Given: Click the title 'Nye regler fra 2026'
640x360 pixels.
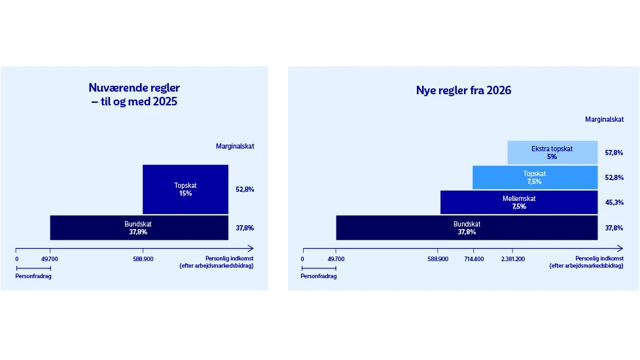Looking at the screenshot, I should coord(463,91).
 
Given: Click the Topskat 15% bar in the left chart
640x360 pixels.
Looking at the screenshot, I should coord(185,189).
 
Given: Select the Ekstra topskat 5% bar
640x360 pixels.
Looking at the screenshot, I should coord(552,153).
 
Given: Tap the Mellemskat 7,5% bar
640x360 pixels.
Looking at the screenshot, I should coord(518,202).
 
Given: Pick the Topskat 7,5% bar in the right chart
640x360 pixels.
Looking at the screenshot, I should coord(534,177).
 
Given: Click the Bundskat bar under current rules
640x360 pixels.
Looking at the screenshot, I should coord(139,228).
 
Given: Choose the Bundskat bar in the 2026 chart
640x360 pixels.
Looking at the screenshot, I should coord(466,228).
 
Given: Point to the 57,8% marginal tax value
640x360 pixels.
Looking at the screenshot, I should coord(614,153).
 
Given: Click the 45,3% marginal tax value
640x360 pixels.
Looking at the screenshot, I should coord(614,202).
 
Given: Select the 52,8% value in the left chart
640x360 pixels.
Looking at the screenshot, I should coord(245,189).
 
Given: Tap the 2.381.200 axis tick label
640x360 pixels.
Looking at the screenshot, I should coord(512,259).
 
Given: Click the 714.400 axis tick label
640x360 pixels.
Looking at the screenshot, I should coord(474,259).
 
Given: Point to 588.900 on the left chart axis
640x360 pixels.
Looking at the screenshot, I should coord(143,259).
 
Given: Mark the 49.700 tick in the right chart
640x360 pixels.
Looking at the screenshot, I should coord(335,259).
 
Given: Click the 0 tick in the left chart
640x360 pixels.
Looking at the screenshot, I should coord(16,259).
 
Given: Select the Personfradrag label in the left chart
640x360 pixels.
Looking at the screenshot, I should coord(33,276).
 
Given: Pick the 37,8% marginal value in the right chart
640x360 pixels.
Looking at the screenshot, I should coord(614,228).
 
